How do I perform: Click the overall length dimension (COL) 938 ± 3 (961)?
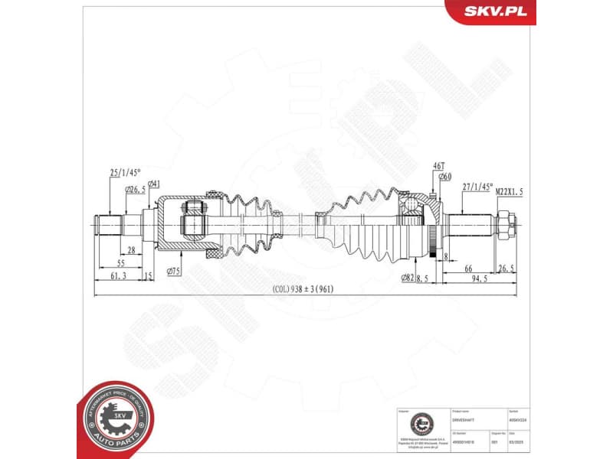click(x=303, y=289)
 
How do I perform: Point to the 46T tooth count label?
click(x=438, y=166)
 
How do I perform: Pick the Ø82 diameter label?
click(x=407, y=278)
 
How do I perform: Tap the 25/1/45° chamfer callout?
click(x=124, y=173)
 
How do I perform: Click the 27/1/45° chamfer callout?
click(x=478, y=186)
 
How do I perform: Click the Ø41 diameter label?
click(x=154, y=184)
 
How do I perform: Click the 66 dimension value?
click(x=468, y=268)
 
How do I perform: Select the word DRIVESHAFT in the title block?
click(x=465, y=420)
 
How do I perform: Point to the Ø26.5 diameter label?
click(x=136, y=189)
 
